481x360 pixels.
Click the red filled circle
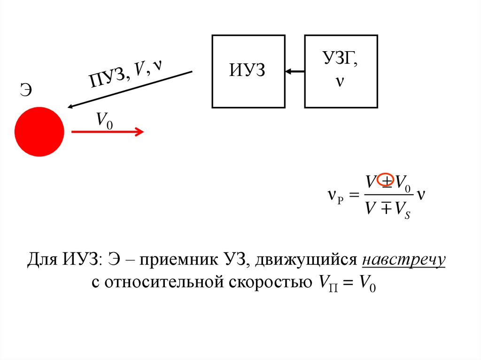click(x=39, y=131)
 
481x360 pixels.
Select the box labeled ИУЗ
click(x=248, y=71)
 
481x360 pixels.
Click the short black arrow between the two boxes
click(x=295, y=72)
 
